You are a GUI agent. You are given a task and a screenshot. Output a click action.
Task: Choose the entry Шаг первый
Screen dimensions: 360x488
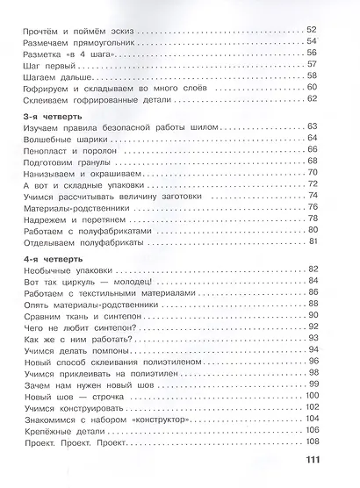pos(41,66)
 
